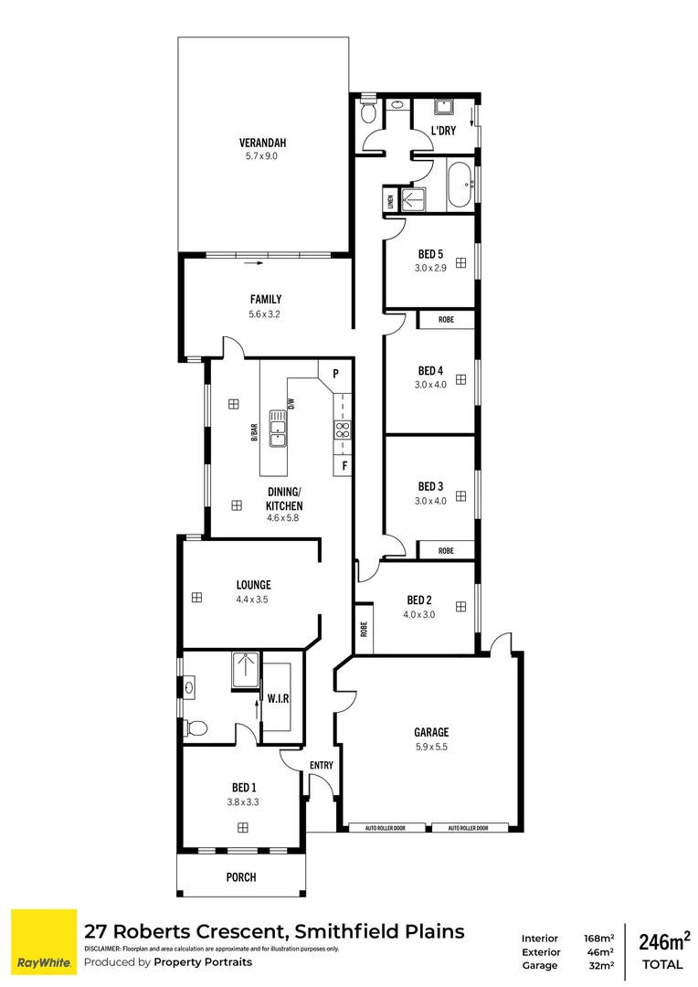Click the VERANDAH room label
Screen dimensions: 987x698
263,143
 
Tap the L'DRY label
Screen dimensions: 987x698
443,132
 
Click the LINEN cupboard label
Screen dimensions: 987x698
391,201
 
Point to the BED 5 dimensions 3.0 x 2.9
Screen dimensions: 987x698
429,269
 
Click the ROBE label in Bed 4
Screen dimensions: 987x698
446,320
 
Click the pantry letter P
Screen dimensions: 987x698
335,374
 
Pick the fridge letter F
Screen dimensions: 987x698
344,466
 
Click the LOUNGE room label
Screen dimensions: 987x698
253,585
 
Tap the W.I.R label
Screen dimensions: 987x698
279,699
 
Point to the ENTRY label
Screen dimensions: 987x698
322,766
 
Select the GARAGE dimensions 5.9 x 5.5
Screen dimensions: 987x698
430,747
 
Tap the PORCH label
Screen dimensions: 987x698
240,877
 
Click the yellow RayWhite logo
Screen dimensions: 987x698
43,942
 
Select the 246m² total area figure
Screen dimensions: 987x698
664,941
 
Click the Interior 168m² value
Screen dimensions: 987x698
598,938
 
